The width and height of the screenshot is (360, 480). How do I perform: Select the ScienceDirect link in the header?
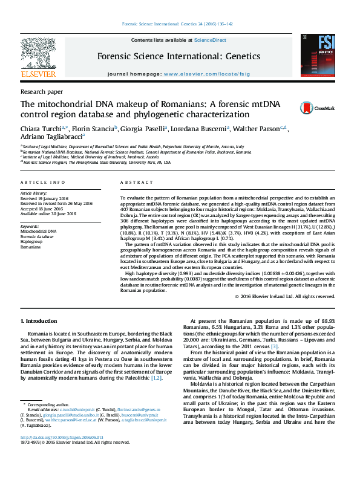(x=211, y=40)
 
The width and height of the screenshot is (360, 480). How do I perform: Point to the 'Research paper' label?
(x=42, y=91)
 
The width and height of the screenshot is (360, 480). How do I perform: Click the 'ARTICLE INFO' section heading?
(x=42, y=182)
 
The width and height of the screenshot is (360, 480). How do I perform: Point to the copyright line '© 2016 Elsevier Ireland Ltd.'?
(x=284, y=297)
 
